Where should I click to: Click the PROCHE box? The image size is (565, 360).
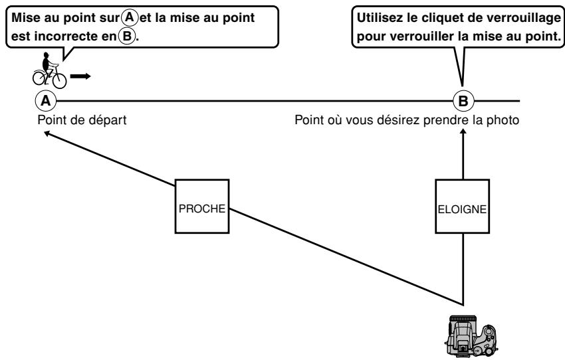point(202,207)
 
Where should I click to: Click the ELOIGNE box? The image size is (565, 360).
point(463,207)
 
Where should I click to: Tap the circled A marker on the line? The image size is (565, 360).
point(45,101)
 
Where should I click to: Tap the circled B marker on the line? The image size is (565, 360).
point(463,101)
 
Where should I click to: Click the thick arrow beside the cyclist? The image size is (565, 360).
point(80,76)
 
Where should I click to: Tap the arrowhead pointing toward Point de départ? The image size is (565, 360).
point(47,135)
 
